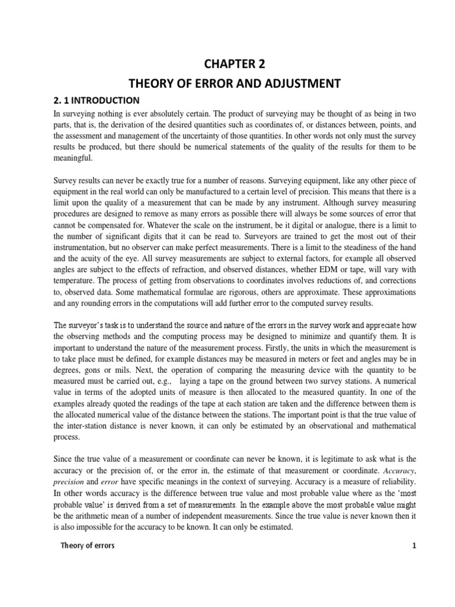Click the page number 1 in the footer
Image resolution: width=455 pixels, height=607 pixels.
(415, 545)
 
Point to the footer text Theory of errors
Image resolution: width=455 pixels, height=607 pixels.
(88, 545)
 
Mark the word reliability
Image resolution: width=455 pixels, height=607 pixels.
(395, 482)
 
